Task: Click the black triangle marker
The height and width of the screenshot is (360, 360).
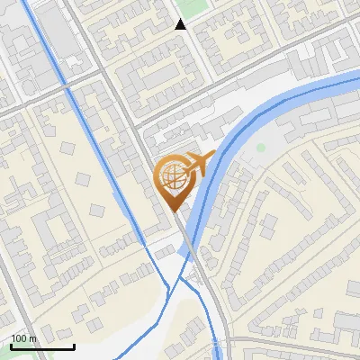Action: pos(181,24)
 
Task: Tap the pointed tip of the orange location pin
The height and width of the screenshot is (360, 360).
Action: pos(174,211)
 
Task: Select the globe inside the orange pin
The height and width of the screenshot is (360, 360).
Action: pos(172,176)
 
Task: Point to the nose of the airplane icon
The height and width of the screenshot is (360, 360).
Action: pos(213,156)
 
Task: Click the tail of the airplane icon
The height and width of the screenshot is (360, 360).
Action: pos(186,166)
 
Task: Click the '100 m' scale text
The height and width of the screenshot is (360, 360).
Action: pos(23,338)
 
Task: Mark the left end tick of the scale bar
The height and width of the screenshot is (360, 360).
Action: pos(11,346)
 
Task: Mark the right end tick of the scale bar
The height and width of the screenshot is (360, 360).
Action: pos(74,346)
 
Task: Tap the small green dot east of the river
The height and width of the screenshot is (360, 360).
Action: pos(261,147)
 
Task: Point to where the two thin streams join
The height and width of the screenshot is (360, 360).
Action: pos(171,286)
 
